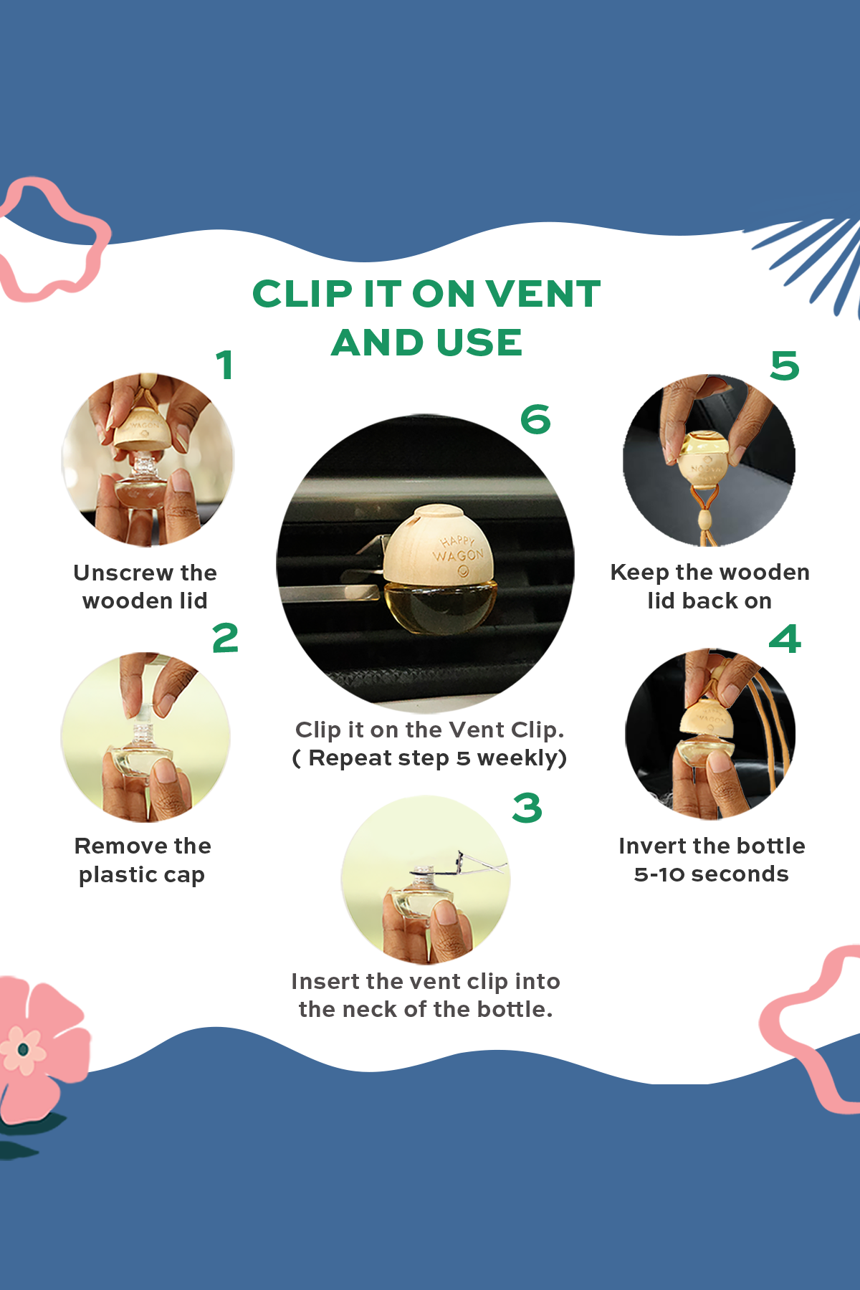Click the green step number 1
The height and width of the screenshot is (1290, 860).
click(225, 365)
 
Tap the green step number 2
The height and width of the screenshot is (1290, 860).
click(225, 638)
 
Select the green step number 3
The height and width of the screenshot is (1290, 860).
click(527, 808)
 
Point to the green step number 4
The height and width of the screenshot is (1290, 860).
click(785, 639)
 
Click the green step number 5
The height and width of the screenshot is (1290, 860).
click(785, 365)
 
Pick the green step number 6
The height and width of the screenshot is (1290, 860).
click(535, 419)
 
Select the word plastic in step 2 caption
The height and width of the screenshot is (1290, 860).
click(118, 875)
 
